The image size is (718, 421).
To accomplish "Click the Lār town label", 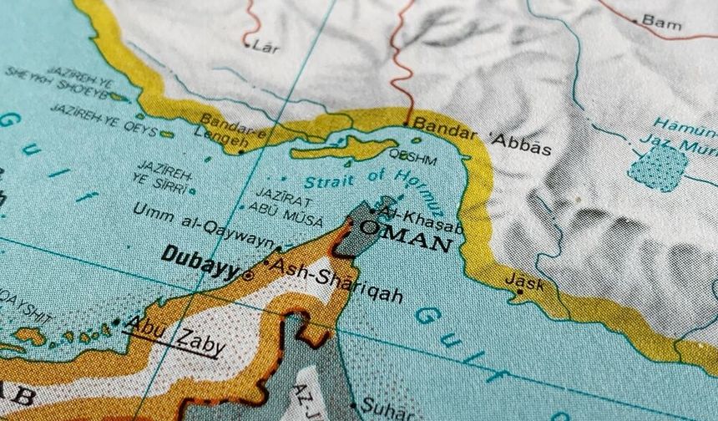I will click(x=266, y=48).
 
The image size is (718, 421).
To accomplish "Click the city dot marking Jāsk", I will click(x=518, y=292).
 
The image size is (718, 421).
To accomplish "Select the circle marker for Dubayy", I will click(x=249, y=274).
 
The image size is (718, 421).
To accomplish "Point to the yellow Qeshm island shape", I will click(x=342, y=149).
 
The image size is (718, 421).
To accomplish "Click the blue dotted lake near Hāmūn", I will click(x=657, y=167).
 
